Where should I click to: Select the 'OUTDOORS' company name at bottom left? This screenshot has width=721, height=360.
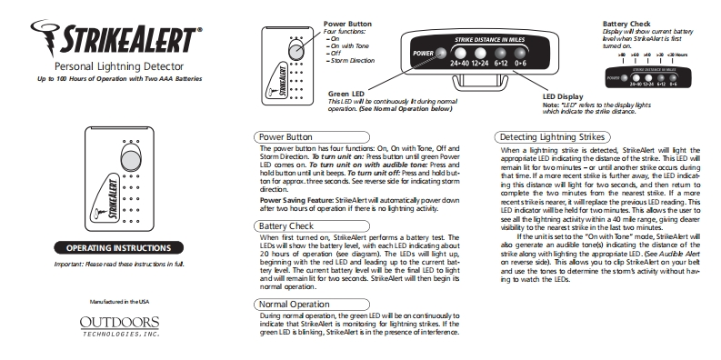click(118, 322)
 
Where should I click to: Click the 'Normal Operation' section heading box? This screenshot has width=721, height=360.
click(293, 303)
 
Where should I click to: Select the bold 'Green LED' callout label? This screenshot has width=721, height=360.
click(346, 94)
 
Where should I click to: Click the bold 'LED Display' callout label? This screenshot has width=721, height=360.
click(563, 95)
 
